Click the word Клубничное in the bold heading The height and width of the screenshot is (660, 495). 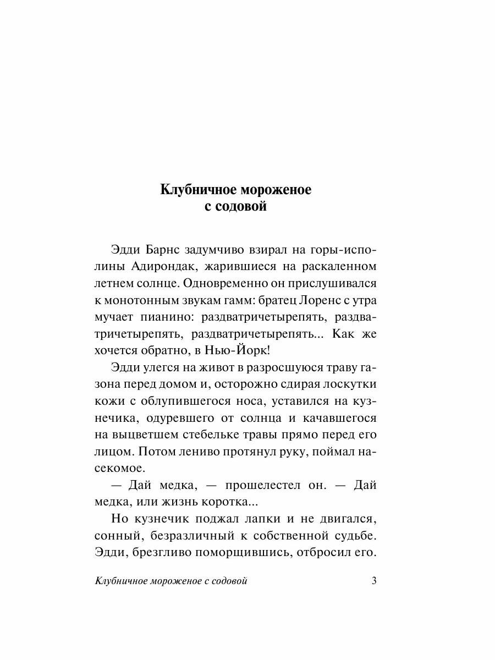(193, 190)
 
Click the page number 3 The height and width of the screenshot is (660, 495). (374, 581)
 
